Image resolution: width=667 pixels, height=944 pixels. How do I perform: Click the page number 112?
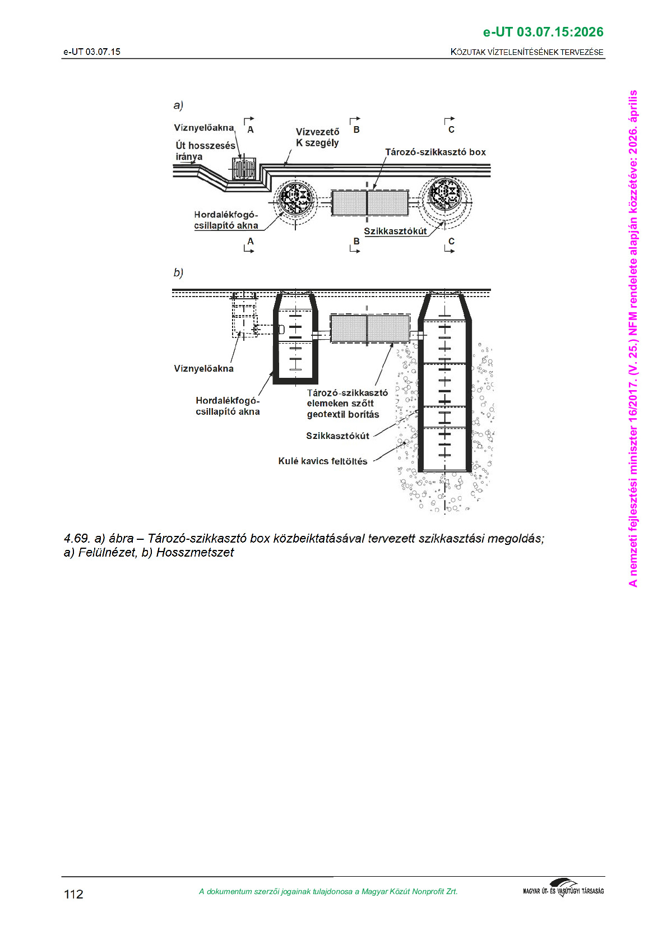(73, 894)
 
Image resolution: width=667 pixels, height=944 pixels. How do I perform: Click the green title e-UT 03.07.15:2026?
(543, 32)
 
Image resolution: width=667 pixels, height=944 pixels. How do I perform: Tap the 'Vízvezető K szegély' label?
(317, 137)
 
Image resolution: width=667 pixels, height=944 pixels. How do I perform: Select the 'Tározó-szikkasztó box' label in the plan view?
(435, 152)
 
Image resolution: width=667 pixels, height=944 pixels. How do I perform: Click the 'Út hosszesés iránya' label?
(205, 151)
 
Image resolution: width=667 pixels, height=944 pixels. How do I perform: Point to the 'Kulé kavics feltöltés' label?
(322, 461)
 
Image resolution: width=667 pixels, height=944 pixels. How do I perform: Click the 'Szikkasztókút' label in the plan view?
(395, 231)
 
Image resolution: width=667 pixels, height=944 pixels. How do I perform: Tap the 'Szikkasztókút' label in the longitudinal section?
(337, 436)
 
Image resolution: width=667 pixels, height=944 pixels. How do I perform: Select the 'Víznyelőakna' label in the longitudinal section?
(203, 368)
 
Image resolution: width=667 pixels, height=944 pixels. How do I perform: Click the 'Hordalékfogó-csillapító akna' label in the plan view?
(226, 220)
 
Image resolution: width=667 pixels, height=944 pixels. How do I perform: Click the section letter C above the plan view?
(451, 129)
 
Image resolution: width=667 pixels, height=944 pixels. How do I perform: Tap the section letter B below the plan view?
(356, 242)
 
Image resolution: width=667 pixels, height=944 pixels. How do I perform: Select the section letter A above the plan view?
(251, 129)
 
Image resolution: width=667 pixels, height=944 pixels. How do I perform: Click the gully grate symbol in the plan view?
(245, 169)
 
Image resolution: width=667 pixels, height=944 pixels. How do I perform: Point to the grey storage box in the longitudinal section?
(369, 328)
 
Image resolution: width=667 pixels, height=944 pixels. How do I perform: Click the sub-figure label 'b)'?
(178, 272)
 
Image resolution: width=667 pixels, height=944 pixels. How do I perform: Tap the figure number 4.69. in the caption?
(77, 539)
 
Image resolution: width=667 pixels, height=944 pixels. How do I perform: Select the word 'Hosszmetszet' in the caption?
(195, 553)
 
